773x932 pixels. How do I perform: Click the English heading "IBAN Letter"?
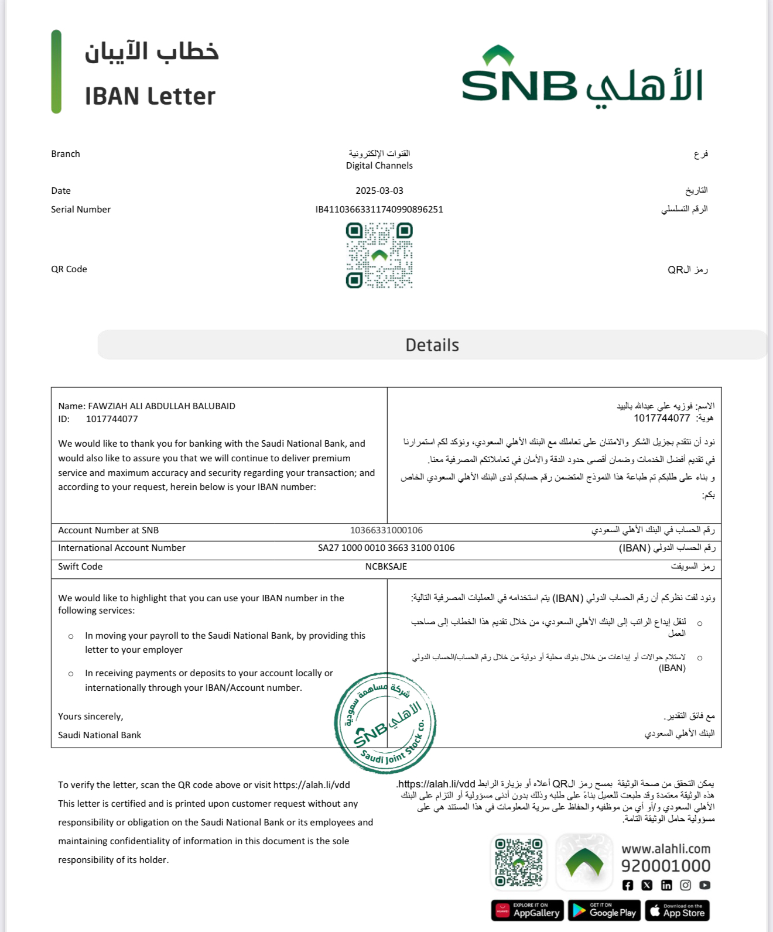coord(150,97)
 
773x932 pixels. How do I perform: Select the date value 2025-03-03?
coord(379,191)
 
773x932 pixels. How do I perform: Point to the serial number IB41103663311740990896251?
coord(379,210)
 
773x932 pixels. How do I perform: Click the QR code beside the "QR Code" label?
coord(379,256)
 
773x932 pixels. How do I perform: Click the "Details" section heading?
coord(432,345)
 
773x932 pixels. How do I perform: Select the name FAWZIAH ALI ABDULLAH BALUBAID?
coord(162,406)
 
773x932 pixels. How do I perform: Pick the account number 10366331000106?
coord(386,530)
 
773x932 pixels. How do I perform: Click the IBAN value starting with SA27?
coord(386,548)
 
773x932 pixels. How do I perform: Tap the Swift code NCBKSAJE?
coord(386,567)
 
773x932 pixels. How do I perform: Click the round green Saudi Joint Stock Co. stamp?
coord(385,723)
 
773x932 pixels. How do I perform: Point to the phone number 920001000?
coord(666,866)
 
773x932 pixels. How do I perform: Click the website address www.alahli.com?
coord(666,849)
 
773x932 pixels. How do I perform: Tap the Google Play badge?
coord(604,910)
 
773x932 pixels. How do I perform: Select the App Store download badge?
coord(678,910)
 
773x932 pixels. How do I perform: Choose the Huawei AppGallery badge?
coord(528,910)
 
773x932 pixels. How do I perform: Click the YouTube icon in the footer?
coord(705,885)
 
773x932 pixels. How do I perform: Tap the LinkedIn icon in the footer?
coord(666,885)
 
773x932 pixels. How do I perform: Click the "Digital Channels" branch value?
coord(379,166)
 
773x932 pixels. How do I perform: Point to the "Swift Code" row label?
coord(80,567)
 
